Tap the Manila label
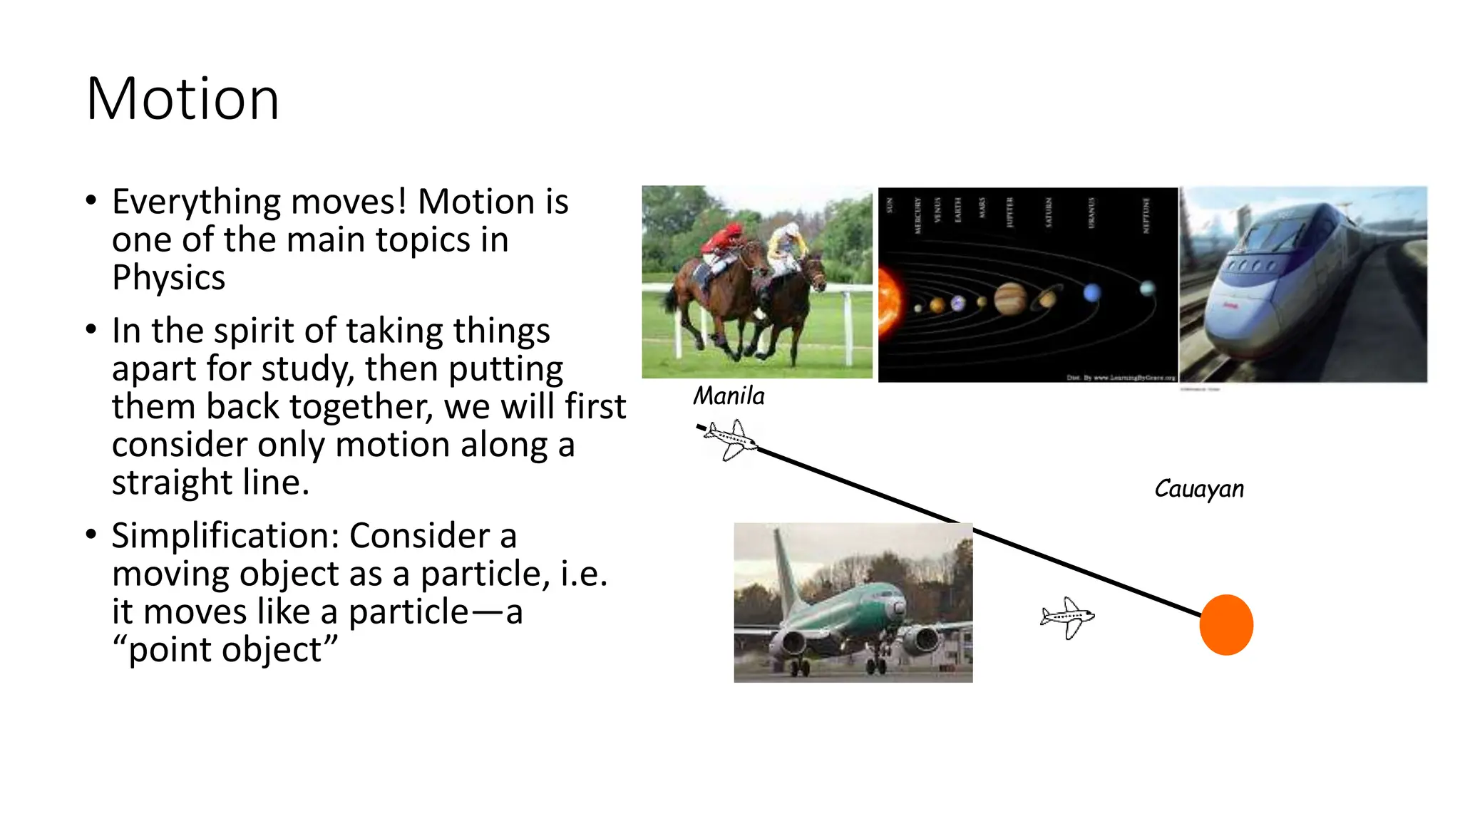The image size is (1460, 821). coord(729,396)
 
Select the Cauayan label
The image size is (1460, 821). coord(1199,489)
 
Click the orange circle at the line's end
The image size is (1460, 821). coord(1226,625)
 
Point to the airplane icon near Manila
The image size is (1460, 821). coord(730,440)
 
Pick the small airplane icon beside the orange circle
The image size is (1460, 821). coord(1067,617)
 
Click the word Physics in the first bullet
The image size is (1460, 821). coord(168,277)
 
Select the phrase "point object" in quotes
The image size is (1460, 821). coord(225,649)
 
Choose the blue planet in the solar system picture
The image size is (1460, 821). coord(1091,293)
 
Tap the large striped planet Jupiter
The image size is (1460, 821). coord(1009,297)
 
